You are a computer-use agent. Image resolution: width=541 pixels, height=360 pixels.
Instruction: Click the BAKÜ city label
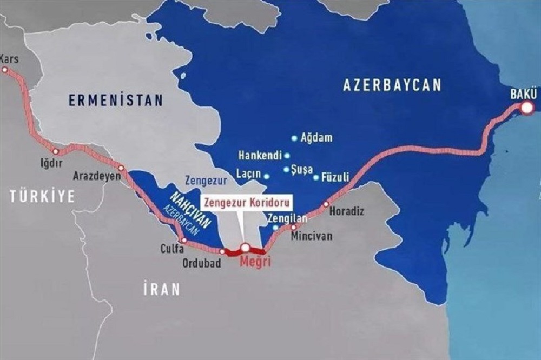(523, 94)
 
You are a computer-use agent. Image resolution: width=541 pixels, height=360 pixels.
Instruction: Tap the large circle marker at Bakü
(526, 109)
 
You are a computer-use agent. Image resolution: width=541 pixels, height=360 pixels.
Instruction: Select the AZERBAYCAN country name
(392, 85)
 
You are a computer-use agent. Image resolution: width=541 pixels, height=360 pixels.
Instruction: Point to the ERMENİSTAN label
(116, 99)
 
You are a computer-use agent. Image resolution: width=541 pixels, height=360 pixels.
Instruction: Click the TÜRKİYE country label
(42, 197)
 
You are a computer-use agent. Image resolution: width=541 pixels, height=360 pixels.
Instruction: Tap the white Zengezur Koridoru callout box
(247, 203)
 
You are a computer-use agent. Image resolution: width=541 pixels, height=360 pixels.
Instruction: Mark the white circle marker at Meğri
(245, 248)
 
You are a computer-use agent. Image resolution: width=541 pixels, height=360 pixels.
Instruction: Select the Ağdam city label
(316, 138)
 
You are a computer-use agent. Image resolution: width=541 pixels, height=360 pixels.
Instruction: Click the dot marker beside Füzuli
(316, 177)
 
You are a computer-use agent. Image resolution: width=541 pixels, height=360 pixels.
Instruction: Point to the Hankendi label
(260, 156)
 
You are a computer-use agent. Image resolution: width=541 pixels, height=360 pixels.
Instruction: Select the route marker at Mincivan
(294, 227)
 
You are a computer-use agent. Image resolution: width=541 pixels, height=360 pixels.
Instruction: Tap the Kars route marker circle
(5, 70)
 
